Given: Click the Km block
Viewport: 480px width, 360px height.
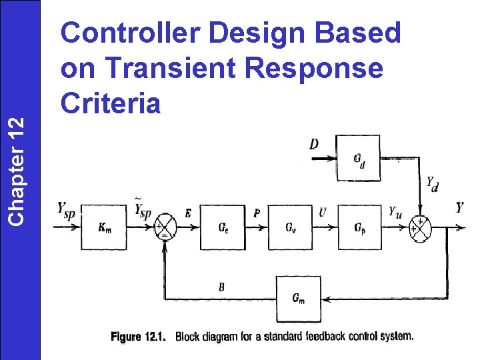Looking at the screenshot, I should tap(105, 227).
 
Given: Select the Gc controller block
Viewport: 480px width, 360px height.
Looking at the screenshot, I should tap(224, 227).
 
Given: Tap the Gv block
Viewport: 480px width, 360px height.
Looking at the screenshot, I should tap(291, 227).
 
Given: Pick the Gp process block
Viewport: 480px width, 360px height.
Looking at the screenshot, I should tap(359, 227).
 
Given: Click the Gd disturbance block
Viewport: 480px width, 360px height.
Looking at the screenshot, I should tap(358, 158).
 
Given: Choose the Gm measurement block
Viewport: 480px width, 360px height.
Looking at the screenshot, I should tap(299, 299).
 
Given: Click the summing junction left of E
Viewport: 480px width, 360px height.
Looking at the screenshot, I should tap(163, 228).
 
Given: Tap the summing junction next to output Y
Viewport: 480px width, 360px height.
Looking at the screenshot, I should tap(421, 228).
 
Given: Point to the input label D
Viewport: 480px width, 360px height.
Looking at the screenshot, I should tap(314, 144).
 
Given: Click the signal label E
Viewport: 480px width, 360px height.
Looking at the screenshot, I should tap(188, 213).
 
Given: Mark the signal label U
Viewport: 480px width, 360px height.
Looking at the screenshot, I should tap(323, 213).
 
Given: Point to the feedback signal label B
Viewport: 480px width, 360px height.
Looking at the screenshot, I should tap(222, 287).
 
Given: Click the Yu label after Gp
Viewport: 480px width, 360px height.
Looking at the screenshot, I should tap(396, 212).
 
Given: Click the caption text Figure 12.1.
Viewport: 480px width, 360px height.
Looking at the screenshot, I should tap(139, 336).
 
